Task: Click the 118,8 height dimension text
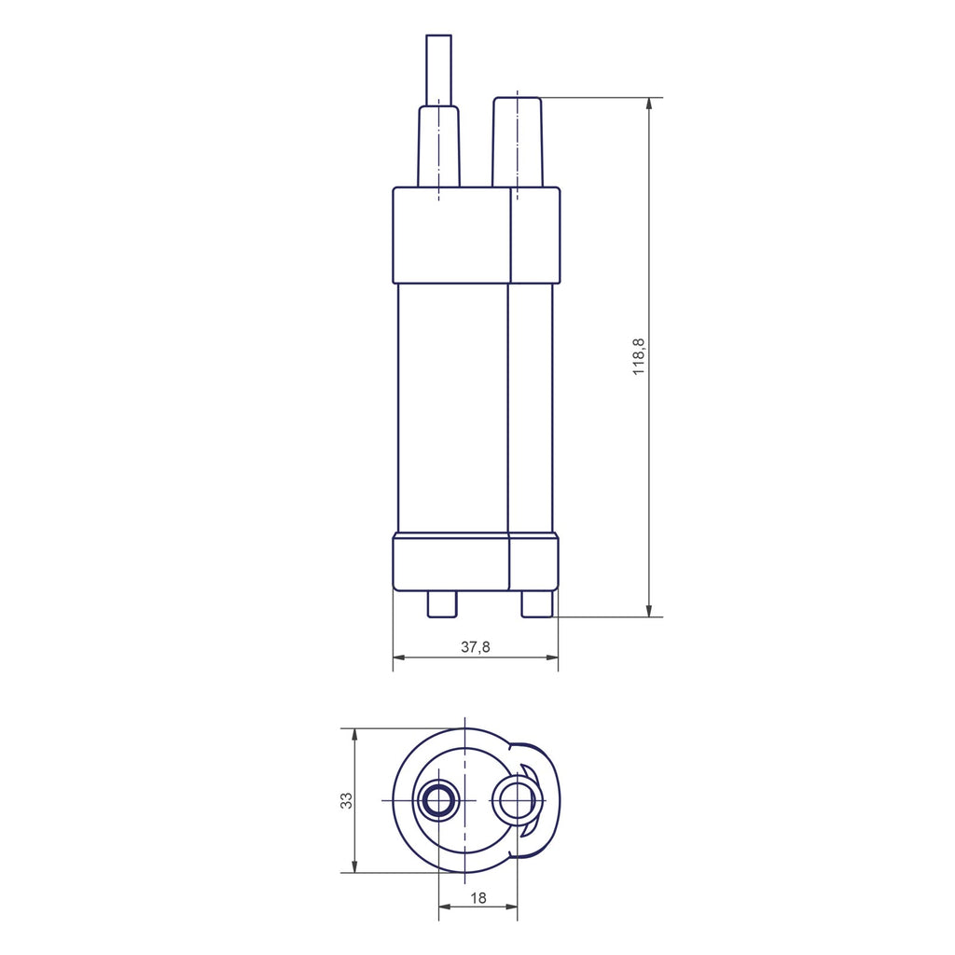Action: (638, 357)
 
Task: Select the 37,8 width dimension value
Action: (475, 647)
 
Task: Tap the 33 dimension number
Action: (346, 800)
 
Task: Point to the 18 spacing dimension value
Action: (478, 898)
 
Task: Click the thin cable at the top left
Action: (438, 70)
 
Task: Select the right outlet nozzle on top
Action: (517, 142)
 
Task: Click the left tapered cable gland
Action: (438, 146)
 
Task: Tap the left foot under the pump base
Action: (441, 604)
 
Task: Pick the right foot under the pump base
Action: (537, 604)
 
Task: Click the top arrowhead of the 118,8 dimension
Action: (649, 104)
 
